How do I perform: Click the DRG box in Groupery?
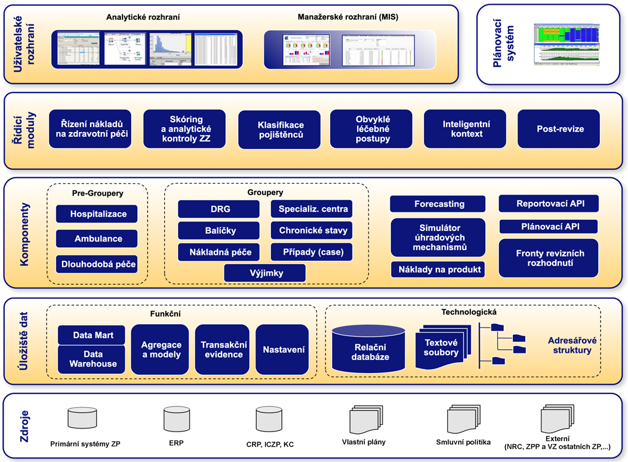pos(218,209)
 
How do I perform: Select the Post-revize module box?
pos(558,129)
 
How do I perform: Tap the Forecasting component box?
pos(439,204)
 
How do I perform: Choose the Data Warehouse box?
pos(93,359)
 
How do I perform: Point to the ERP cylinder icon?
pos(177,418)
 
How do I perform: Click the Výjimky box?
pos(264,273)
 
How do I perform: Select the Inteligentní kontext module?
pos(466,129)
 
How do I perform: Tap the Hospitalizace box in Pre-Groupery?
pos(97,214)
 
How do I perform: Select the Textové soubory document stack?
pos(442,346)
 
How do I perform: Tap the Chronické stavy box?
pos(311,230)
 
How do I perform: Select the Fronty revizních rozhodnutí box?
pos(550,258)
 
